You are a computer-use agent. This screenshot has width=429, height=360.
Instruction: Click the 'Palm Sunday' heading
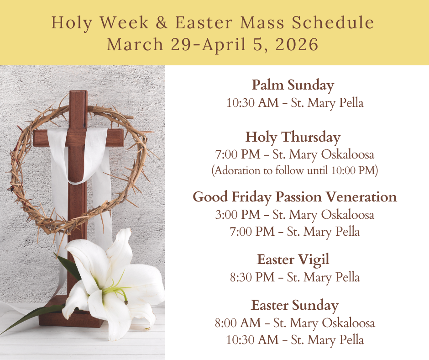point(293,85)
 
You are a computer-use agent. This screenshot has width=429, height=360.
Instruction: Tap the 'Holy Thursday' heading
point(293,137)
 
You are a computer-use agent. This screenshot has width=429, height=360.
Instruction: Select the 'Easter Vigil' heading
point(293,259)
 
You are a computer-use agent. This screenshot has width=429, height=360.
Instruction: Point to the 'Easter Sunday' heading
point(295,306)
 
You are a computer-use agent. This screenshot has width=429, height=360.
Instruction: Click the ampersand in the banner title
point(162,22)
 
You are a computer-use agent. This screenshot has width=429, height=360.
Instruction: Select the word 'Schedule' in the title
point(333,22)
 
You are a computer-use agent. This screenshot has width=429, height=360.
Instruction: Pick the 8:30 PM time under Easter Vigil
point(252,277)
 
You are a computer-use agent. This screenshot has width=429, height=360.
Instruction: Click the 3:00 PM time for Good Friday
point(237,215)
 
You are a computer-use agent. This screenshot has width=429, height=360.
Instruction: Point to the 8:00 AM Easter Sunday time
point(237,323)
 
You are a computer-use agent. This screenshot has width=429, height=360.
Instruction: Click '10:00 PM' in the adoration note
point(353,170)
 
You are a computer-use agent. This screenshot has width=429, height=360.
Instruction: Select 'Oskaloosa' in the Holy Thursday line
point(347,154)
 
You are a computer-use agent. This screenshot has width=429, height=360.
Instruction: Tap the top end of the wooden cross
point(78,92)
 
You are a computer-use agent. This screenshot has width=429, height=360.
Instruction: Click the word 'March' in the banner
point(135,44)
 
